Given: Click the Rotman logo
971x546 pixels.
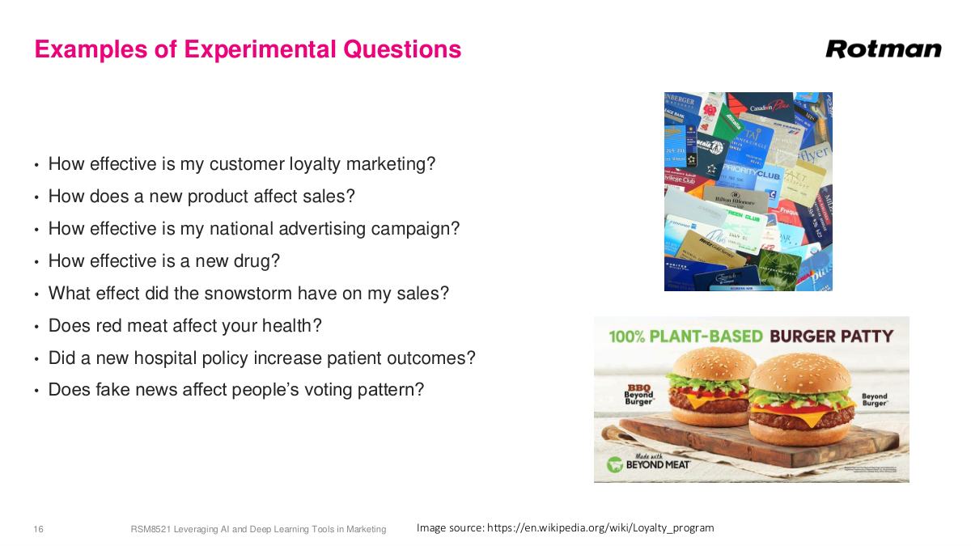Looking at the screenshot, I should pos(883,49).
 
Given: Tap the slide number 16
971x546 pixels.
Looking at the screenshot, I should pos(38,529).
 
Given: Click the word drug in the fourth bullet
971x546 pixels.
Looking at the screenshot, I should pos(261,260).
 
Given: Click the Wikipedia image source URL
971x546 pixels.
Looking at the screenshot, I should pos(600,527).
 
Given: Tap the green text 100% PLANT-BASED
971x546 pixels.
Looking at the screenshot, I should pos(685,336).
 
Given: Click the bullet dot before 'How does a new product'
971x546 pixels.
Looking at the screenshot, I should pos(36,197).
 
